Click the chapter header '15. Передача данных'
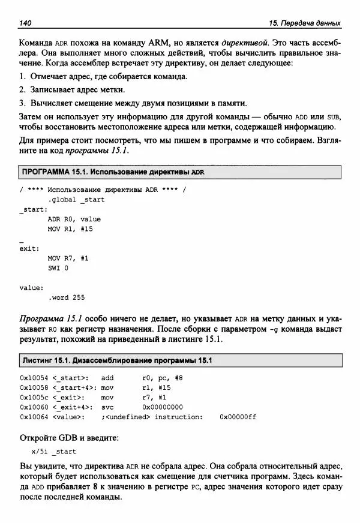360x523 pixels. coord(305,23)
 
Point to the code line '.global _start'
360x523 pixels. coord(76,199)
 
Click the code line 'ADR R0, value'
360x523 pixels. coord(74,219)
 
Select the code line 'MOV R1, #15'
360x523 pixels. coord(70,229)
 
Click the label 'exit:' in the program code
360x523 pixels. coord(29,248)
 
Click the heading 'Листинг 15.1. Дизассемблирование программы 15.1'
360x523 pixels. coord(118,360)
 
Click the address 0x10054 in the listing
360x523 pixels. coord(34,378)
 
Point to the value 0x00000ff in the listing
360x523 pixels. coord(238,417)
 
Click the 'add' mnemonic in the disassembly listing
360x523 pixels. coord(107,378)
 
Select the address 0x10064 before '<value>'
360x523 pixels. coord(34,417)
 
